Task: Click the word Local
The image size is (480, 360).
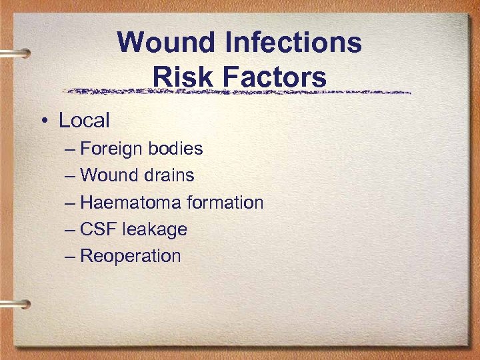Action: click(x=84, y=121)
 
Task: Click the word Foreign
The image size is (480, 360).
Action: click(x=112, y=149)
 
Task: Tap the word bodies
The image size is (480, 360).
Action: click(x=176, y=149)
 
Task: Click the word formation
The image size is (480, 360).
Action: click(x=225, y=203)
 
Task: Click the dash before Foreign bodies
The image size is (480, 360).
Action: click(x=71, y=149)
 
